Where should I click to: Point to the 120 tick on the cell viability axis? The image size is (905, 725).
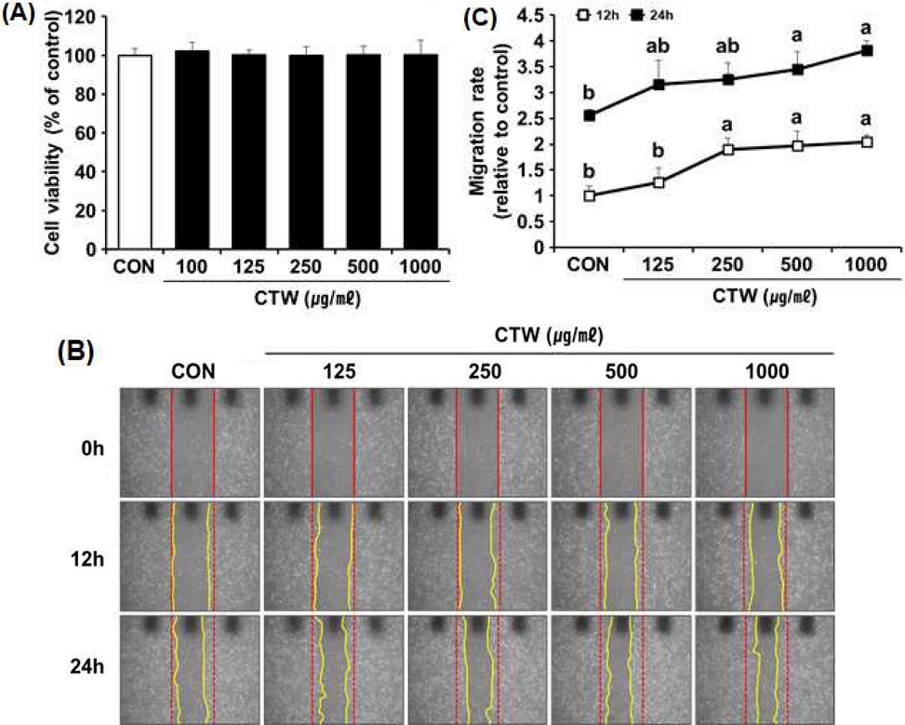86,17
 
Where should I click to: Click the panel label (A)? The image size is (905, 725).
20,16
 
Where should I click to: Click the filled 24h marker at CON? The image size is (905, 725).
589,115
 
